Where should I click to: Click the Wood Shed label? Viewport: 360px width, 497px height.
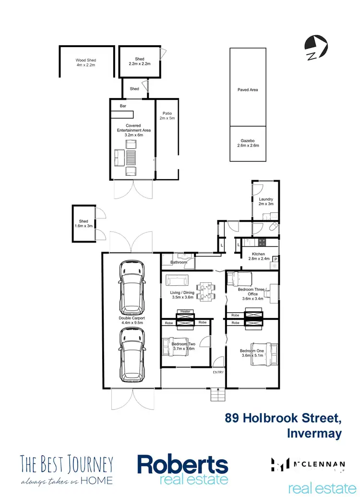coord(86,62)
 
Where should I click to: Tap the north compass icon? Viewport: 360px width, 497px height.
coord(316,48)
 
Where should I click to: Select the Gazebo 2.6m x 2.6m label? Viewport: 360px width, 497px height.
coord(247,142)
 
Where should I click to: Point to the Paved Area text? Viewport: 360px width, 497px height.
coord(248,90)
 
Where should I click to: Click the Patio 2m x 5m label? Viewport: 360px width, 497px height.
coord(167,116)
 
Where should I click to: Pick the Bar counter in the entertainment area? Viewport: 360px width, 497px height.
coord(122,114)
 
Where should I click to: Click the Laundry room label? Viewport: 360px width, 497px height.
coord(265,201)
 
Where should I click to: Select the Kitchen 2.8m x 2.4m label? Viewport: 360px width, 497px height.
coord(258,256)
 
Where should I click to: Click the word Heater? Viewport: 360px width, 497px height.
coord(185,312)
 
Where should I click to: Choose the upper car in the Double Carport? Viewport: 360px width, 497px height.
coord(131,282)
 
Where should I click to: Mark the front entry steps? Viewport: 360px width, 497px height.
coord(217,395)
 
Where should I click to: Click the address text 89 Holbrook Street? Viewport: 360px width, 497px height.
coord(283,418)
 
